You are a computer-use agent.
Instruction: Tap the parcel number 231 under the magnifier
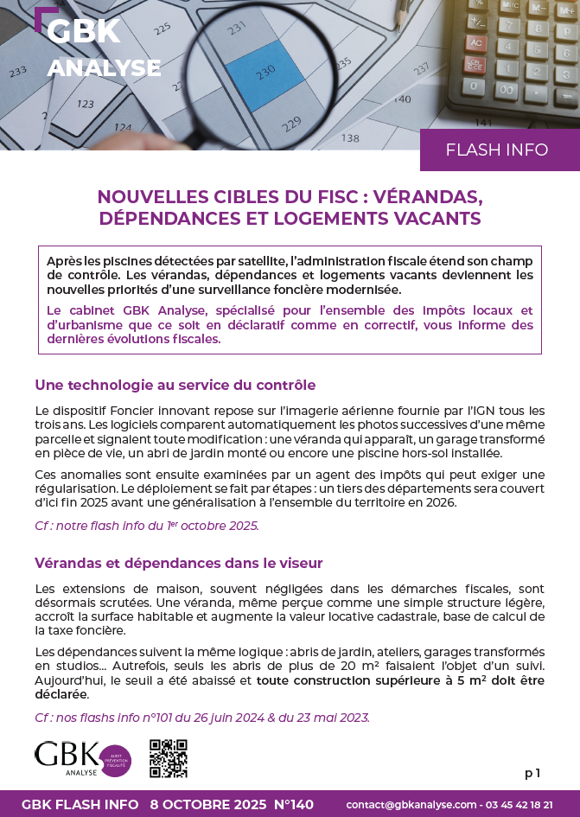[x=236, y=29]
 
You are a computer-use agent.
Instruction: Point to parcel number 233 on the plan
[x=17, y=71]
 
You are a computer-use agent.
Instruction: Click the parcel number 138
[x=350, y=137]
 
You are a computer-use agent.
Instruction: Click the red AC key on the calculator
[x=475, y=41]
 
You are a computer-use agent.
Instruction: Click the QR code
[x=169, y=758]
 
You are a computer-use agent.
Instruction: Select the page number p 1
[x=532, y=773]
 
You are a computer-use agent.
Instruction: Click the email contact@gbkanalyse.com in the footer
[x=411, y=804]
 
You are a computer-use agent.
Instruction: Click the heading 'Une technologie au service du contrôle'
[x=175, y=385]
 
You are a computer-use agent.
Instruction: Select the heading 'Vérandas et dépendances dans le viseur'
[x=179, y=563]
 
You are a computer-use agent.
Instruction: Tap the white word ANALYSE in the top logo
[x=104, y=68]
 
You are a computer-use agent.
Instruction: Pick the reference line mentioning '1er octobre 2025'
[x=147, y=525]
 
